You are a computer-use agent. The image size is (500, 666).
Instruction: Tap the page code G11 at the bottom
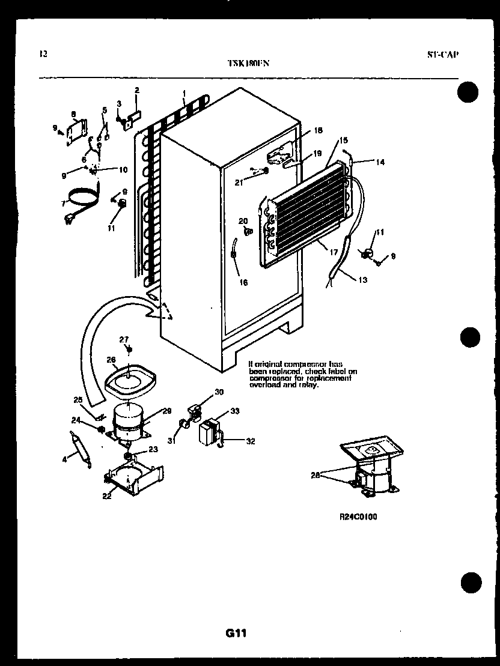coord(236,632)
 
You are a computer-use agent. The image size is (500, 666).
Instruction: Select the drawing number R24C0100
coord(358,516)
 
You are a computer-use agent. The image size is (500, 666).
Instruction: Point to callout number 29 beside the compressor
coord(167,411)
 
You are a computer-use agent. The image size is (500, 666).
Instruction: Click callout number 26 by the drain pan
coord(111,360)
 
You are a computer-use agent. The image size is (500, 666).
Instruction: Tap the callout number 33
coord(234,411)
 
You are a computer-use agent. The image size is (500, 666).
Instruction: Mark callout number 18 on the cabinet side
coord(318,130)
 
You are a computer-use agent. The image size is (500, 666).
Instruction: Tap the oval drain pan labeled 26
coord(131,380)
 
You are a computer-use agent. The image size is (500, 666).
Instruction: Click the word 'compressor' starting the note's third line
coord(266,378)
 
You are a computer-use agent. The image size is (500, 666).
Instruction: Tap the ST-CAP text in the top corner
coord(442,54)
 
